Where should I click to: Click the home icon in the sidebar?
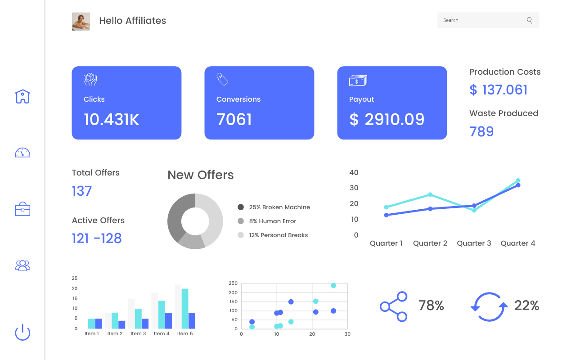point(22,96)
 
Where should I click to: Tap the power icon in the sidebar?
point(22,333)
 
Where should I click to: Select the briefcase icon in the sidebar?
point(22,209)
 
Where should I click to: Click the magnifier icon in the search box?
point(529,20)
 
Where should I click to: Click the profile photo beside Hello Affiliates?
point(81,22)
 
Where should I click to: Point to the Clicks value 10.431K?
point(112,119)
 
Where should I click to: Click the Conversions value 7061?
point(234,119)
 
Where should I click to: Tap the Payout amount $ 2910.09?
point(387,119)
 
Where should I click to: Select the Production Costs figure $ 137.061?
point(499,90)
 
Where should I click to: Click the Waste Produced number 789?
point(481,131)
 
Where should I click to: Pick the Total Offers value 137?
point(82,191)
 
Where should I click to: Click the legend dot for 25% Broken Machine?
point(241,207)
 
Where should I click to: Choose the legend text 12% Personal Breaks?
point(279,235)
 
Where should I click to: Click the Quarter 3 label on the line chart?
point(474,243)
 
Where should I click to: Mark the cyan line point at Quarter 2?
point(430,195)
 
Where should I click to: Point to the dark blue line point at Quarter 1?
point(387,215)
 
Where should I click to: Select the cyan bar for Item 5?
point(185,308)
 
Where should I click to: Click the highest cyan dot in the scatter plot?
point(333,285)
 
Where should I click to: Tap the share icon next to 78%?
point(394,306)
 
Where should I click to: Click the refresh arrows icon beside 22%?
point(489,306)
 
